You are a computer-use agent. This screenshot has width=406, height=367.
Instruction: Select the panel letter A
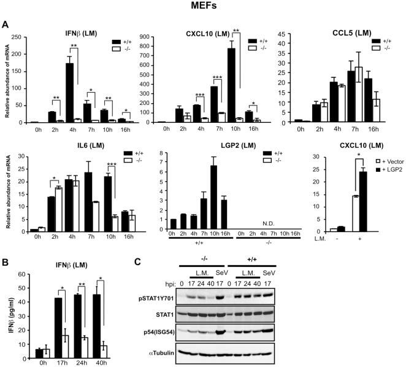[6, 25]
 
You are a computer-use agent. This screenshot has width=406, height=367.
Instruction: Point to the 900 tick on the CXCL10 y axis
[158, 36]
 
